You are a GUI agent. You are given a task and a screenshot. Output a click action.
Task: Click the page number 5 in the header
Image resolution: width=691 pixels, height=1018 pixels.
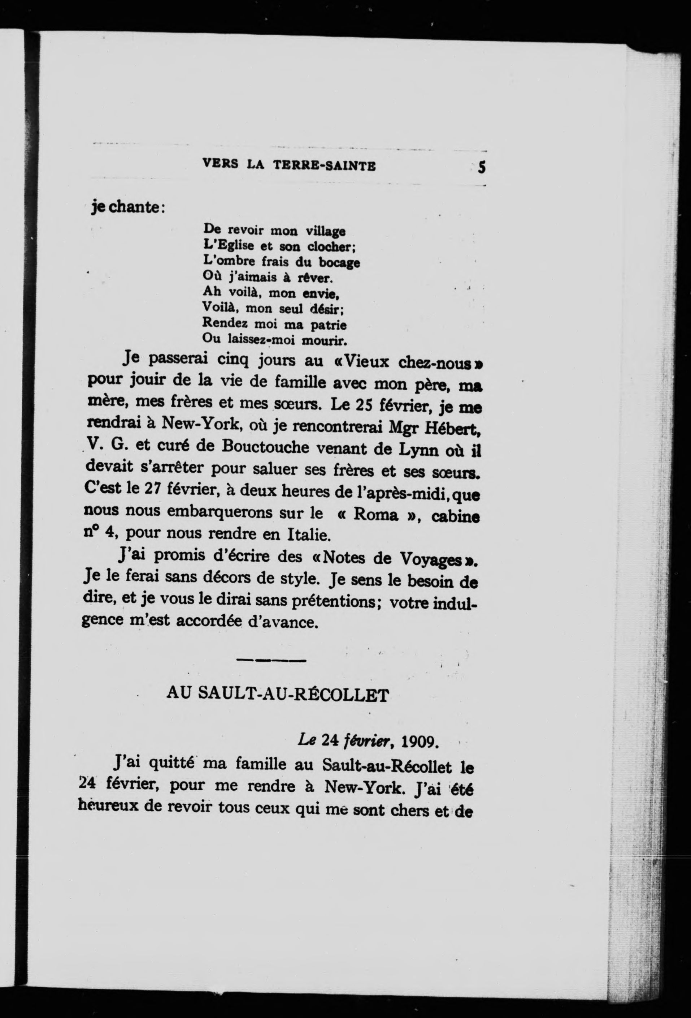(x=482, y=167)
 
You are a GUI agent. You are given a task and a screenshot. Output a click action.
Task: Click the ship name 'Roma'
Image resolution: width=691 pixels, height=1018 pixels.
(x=375, y=514)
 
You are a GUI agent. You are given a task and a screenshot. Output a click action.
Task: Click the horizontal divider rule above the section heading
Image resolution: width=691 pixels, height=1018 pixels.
(x=270, y=660)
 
